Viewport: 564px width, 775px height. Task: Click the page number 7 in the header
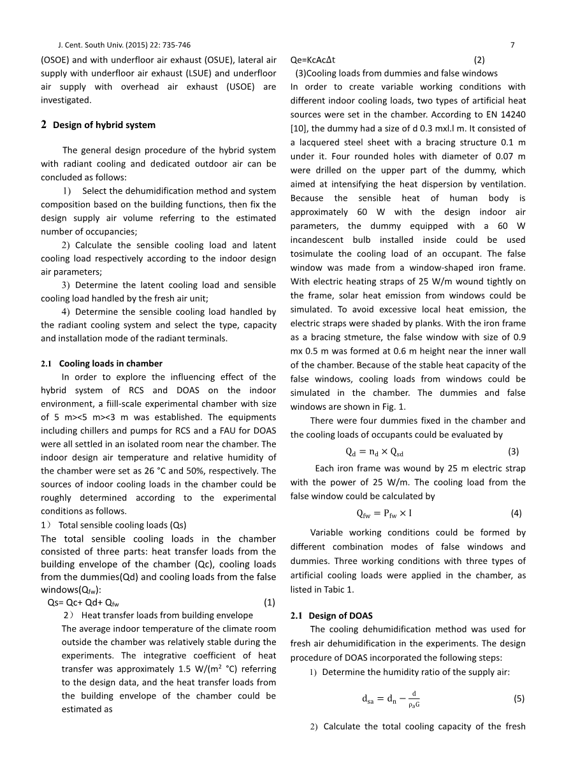512,45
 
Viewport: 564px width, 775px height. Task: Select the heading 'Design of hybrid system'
104,125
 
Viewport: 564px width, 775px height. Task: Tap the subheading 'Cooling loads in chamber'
110,363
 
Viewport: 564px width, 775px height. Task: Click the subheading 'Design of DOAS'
340,616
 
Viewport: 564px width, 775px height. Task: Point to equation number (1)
270,602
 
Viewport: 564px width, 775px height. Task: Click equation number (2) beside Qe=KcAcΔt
479,60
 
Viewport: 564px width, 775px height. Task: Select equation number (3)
514,452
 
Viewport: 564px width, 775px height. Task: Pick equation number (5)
519,699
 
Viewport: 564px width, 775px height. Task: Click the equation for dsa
391,699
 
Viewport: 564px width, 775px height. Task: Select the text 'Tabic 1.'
335,590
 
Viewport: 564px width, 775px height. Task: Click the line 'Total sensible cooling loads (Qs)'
122,525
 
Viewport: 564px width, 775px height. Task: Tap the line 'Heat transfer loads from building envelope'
166,615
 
